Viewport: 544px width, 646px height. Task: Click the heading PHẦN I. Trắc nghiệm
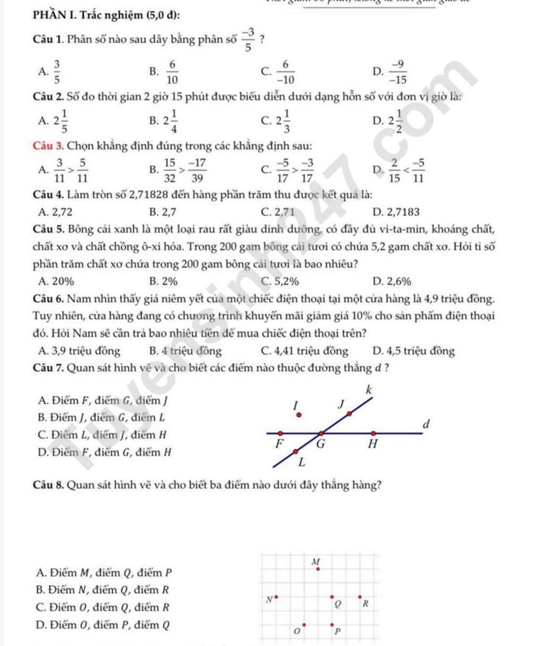[x=105, y=15]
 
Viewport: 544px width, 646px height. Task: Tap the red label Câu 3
[x=48, y=145]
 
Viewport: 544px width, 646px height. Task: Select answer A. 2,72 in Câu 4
[x=56, y=212]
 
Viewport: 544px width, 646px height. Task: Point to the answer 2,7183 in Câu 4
[x=396, y=212]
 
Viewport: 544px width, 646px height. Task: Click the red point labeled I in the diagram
[x=299, y=416]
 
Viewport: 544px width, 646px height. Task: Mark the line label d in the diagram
[x=424, y=425]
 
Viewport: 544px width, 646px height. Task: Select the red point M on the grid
[x=318, y=569]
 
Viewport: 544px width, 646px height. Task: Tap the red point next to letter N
[x=276, y=597]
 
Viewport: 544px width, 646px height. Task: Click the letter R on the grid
[x=365, y=604]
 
